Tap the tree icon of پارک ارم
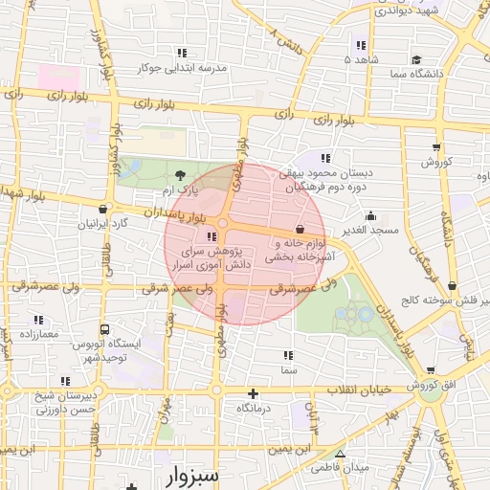(x=181, y=174)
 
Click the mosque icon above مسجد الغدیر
(x=371, y=215)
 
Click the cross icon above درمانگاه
(x=253, y=393)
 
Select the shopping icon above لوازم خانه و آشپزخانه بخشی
(x=301, y=230)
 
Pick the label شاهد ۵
(x=362, y=60)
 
